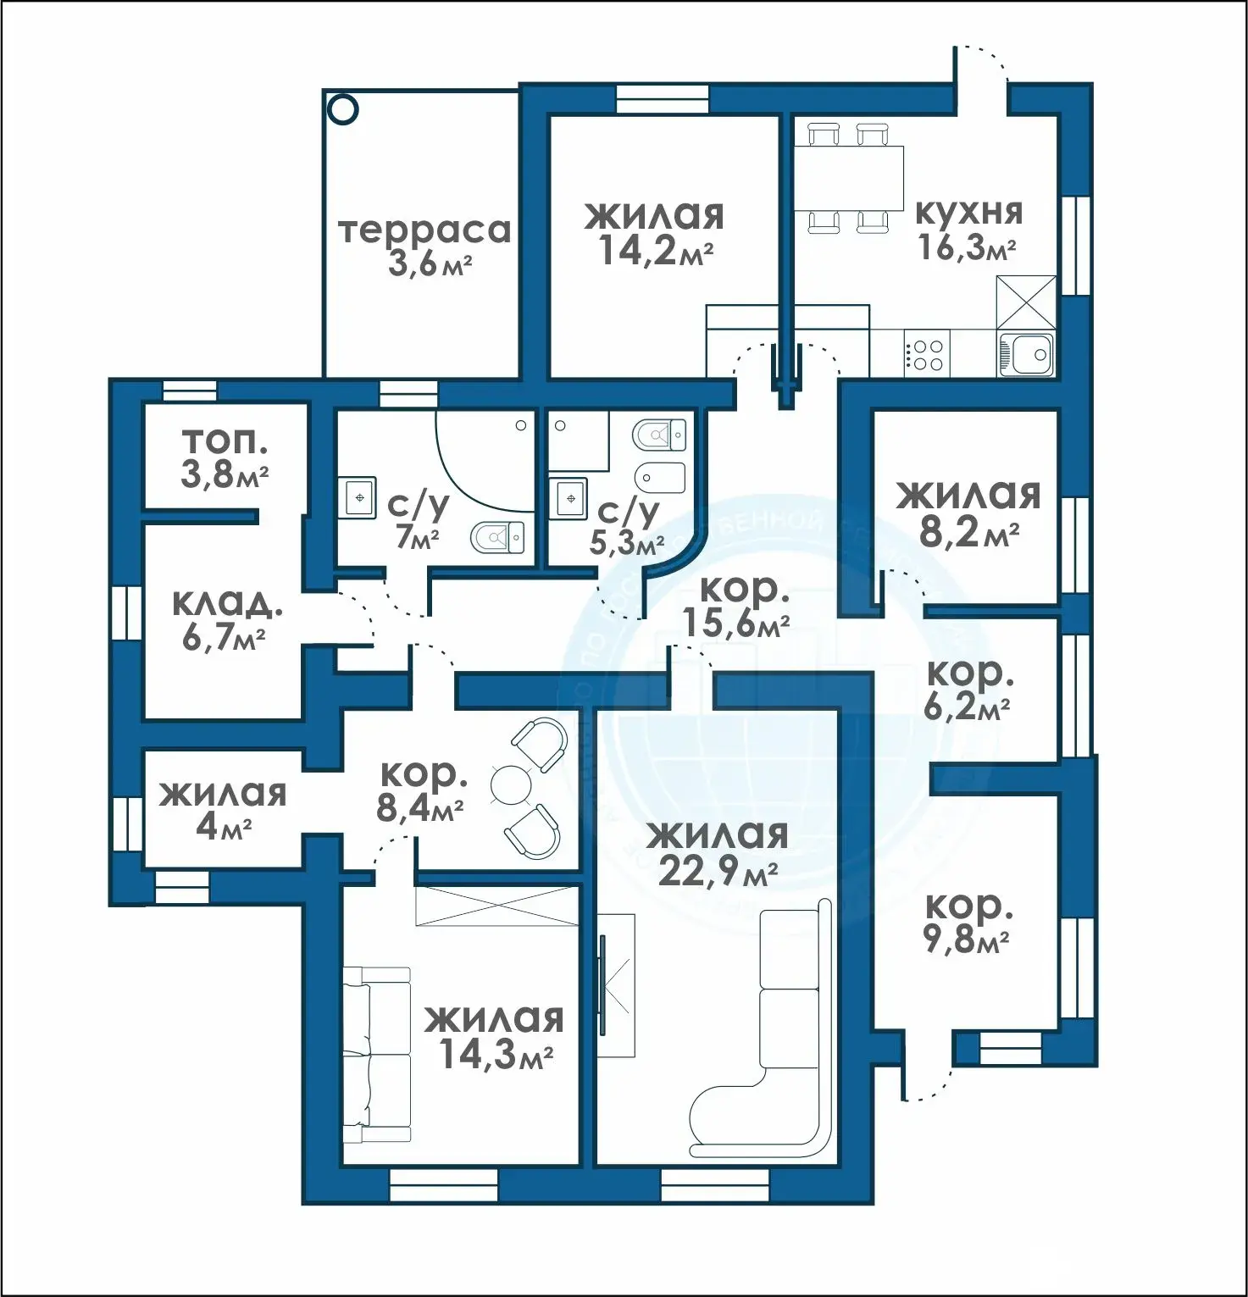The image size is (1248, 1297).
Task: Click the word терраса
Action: point(424,230)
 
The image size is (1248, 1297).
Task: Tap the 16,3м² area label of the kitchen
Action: point(967,247)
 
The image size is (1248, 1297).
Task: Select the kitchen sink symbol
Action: point(1026,353)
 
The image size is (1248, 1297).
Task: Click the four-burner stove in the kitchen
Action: point(926,354)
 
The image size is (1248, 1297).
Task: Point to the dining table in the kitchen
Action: point(848,178)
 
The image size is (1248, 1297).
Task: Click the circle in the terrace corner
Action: point(344,109)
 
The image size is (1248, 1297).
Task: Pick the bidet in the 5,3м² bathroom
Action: point(659,478)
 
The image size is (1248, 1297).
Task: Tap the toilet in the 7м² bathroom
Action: point(497,536)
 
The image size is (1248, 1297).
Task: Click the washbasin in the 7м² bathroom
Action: point(360,497)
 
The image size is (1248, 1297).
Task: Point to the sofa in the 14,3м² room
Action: point(376,1055)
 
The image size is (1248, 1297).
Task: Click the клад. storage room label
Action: point(226,603)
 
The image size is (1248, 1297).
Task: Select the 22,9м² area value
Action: point(718,871)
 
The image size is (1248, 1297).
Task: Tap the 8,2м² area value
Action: point(968,532)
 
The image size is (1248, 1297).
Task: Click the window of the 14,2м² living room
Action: point(661,99)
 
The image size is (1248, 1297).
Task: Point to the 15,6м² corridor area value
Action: point(736,624)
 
